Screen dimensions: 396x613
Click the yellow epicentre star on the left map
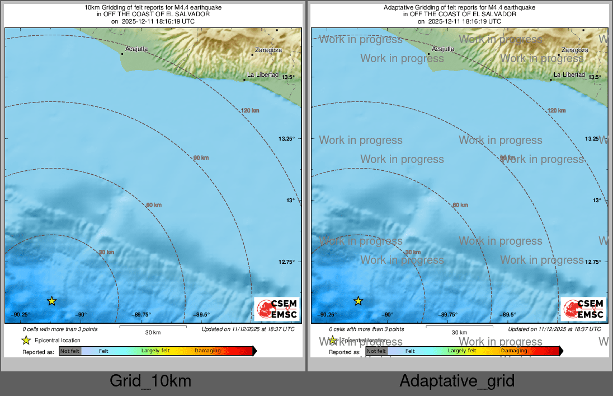[x=51, y=301]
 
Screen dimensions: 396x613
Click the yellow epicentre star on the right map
[x=358, y=301]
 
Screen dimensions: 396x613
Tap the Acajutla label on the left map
[x=136, y=49]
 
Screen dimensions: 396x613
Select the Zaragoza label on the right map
[x=575, y=50]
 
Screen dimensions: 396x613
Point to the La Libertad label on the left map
[x=263, y=74]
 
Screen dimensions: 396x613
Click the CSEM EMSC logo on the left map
[x=277, y=309]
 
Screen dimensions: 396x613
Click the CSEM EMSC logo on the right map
[x=584, y=309]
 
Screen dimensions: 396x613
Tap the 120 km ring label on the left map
[x=250, y=110]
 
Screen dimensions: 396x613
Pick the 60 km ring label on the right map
[x=460, y=205]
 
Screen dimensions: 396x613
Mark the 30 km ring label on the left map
[x=106, y=253]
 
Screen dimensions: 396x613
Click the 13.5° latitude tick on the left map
[x=287, y=77]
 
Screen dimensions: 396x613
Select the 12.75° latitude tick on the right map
[x=593, y=262]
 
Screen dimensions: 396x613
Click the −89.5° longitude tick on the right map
[x=508, y=315]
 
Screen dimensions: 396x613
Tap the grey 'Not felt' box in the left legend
[x=70, y=351]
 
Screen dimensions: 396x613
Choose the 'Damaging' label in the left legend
[x=208, y=351]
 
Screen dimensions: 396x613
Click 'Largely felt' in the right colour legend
[x=462, y=351]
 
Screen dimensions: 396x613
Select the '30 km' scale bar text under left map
[x=153, y=333]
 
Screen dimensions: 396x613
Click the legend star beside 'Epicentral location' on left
[x=26, y=340]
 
